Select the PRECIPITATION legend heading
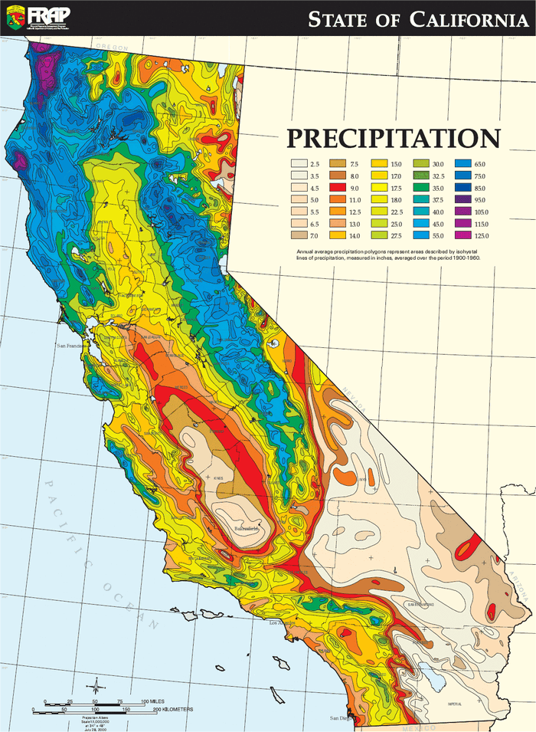click(394, 139)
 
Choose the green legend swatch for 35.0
click(421, 188)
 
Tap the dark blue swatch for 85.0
click(462, 188)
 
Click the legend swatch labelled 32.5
click(421, 176)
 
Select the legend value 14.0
click(396, 235)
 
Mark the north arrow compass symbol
click(95, 685)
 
